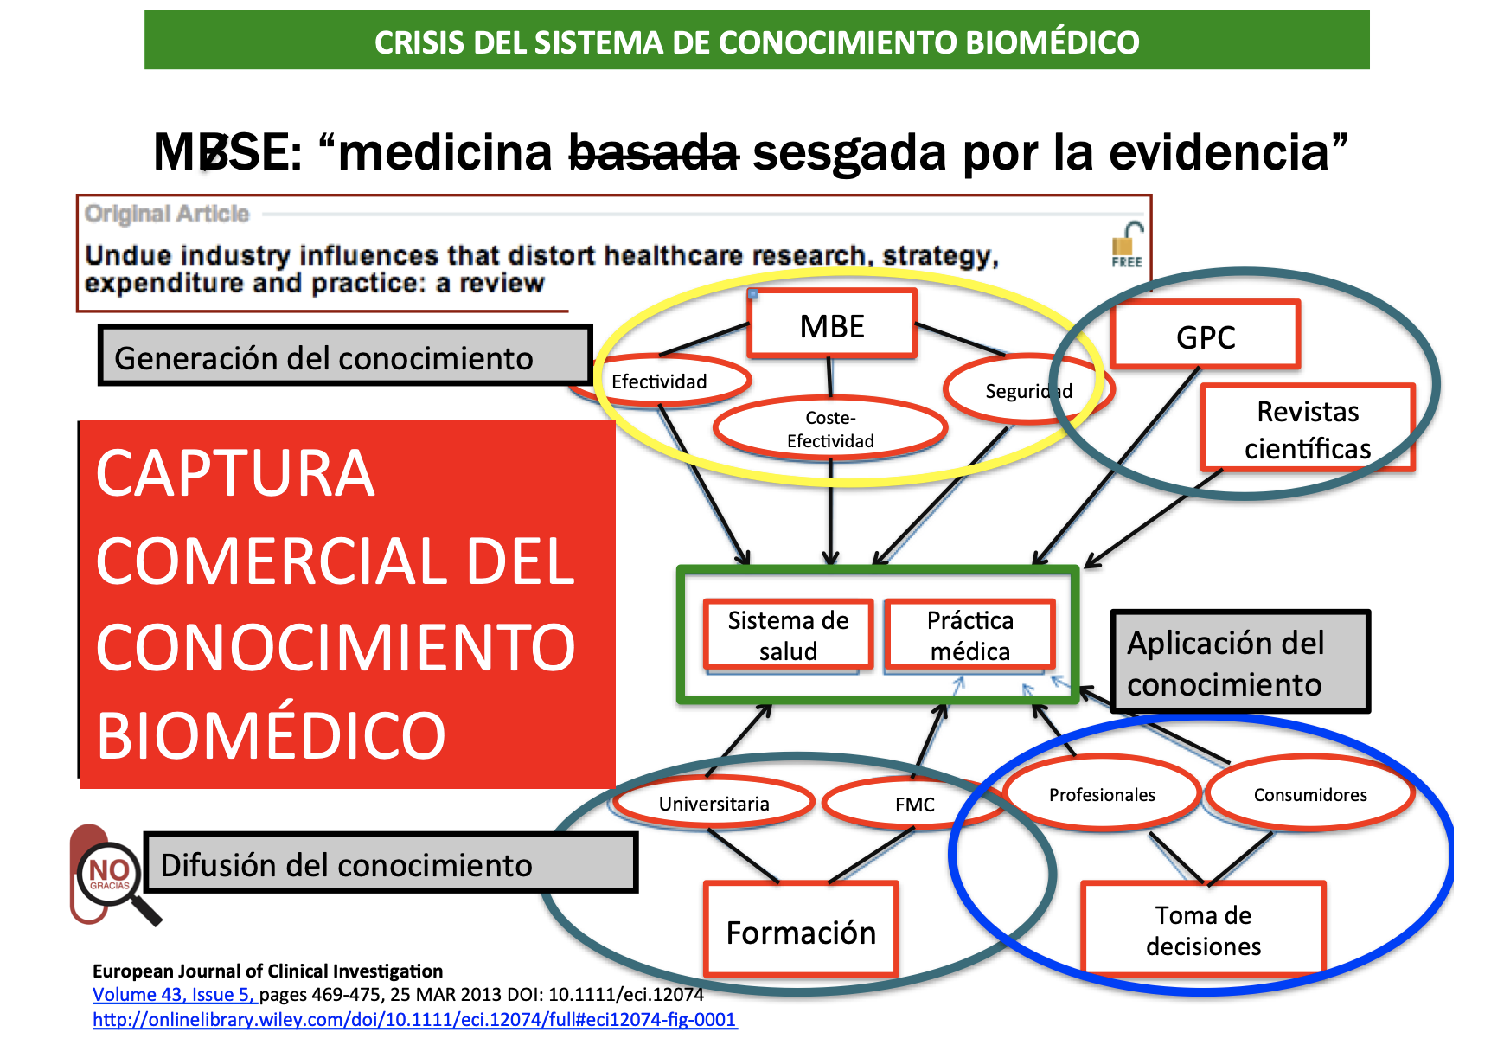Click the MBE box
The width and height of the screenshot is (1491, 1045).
(832, 324)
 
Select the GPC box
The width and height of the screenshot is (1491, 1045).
(1206, 336)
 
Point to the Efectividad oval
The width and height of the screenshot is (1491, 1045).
(659, 381)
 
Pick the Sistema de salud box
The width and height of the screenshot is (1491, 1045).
(788, 635)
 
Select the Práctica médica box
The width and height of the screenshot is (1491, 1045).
(969, 635)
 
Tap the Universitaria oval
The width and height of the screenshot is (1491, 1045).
(714, 803)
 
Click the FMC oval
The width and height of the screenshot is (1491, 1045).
(914, 804)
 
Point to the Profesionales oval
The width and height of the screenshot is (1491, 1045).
(1102, 794)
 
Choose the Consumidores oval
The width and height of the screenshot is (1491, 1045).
(1310, 794)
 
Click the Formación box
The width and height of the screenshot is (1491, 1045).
(801, 931)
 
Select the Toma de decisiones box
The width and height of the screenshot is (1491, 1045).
(1203, 930)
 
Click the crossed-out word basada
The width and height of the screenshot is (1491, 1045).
(654, 152)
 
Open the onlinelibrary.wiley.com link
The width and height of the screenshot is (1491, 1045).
(414, 1019)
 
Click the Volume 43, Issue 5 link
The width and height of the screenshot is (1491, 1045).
(174, 995)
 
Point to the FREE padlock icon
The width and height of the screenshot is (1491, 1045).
(1127, 247)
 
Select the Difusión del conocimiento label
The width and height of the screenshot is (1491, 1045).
(391, 862)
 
